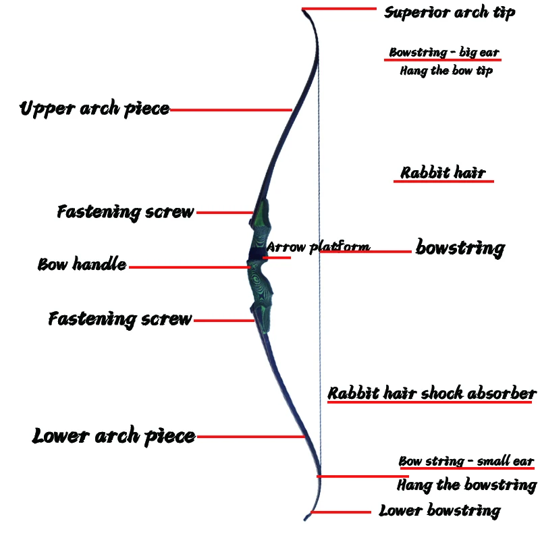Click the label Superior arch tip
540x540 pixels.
(x=450, y=12)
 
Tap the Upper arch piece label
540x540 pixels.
(x=94, y=109)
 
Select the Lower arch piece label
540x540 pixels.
(x=113, y=437)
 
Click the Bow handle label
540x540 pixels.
(x=82, y=265)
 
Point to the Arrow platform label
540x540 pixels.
(x=318, y=246)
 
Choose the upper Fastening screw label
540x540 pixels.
(x=126, y=212)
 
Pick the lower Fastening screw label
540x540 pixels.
(x=120, y=319)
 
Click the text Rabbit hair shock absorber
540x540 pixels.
(x=432, y=394)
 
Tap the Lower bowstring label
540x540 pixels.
(x=439, y=510)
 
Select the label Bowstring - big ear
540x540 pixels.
(x=444, y=53)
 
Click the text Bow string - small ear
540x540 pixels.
(x=466, y=462)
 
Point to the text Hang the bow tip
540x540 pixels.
(x=446, y=70)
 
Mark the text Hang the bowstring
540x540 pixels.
(x=466, y=485)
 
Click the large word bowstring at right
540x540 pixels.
(x=460, y=248)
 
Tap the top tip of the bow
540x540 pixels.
(x=304, y=9)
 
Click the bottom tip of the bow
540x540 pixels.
(x=306, y=518)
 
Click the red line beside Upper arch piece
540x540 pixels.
(x=230, y=109)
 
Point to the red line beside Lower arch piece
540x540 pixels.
(x=250, y=437)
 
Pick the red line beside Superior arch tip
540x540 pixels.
(x=341, y=9)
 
